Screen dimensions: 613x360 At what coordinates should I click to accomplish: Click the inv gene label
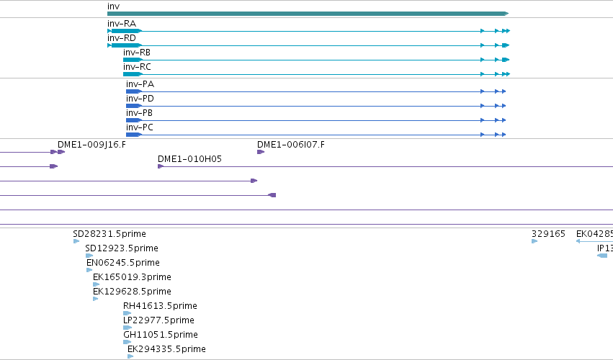click(x=113, y=6)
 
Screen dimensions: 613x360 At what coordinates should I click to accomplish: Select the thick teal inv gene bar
click(x=308, y=14)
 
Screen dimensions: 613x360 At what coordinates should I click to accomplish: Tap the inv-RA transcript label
click(x=122, y=24)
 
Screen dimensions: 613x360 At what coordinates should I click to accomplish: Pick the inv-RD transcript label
click(x=122, y=38)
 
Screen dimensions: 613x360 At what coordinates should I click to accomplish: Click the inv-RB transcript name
click(x=137, y=53)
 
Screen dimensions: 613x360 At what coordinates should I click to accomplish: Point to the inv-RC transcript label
click(x=137, y=67)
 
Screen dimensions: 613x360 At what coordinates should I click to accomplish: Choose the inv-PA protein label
click(x=140, y=84)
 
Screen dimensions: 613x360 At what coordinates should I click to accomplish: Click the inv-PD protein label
click(x=140, y=99)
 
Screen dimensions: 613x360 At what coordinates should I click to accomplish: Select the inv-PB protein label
click(x=139, y=113)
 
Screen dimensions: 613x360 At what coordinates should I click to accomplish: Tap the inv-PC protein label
click(x=140, y=127)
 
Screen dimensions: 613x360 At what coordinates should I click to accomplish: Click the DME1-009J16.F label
click(x=92, y=145)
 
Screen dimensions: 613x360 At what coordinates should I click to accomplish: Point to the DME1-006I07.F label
click(x=291, y=145)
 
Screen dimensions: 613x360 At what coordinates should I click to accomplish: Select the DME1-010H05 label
click(x=189, y=159)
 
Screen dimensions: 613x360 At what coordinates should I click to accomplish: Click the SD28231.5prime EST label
click(x=109, y=234)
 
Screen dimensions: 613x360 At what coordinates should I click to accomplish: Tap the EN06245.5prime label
click(x=123, y=263)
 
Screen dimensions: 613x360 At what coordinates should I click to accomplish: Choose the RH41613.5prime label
click(x=161, y=306)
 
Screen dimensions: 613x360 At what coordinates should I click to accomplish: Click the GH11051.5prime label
click(x=161, y=335)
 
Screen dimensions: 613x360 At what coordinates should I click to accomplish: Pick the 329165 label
click(x=548, y=234)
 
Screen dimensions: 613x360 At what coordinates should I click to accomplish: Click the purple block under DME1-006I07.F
click(x=261, y=152)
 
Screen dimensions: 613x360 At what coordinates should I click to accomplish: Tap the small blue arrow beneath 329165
click(x=534, y=241)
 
